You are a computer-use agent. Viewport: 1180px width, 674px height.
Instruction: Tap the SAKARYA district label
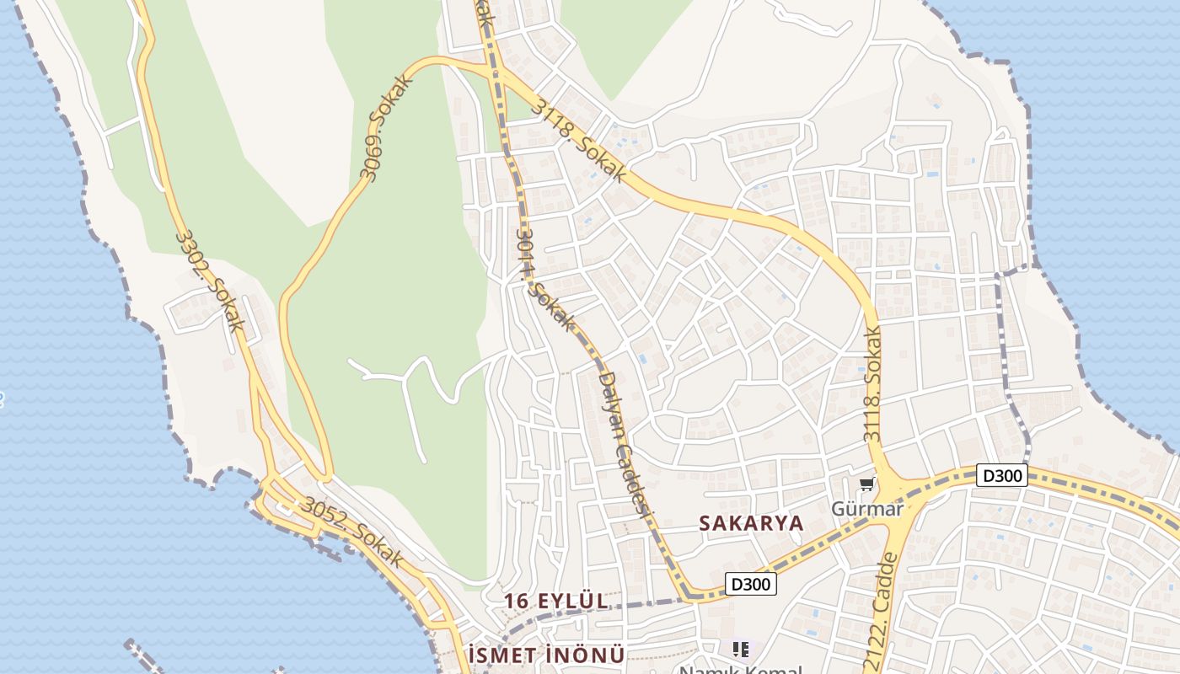(751, 523)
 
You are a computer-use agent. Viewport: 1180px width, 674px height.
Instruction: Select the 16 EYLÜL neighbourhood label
(555, 601)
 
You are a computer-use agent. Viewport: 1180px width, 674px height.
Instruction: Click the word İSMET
(501, 655)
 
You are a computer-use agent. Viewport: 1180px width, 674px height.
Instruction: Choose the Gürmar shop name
(866, 509)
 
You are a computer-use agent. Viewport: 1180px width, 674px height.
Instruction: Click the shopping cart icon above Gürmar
(866, 484)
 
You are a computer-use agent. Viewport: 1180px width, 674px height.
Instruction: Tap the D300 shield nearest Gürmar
(1002, 475)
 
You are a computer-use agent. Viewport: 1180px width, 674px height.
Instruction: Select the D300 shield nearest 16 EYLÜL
(750, 584)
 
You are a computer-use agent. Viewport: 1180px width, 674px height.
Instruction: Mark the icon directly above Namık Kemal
(741, 649)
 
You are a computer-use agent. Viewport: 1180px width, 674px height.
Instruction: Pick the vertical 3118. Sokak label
(872, 386)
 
